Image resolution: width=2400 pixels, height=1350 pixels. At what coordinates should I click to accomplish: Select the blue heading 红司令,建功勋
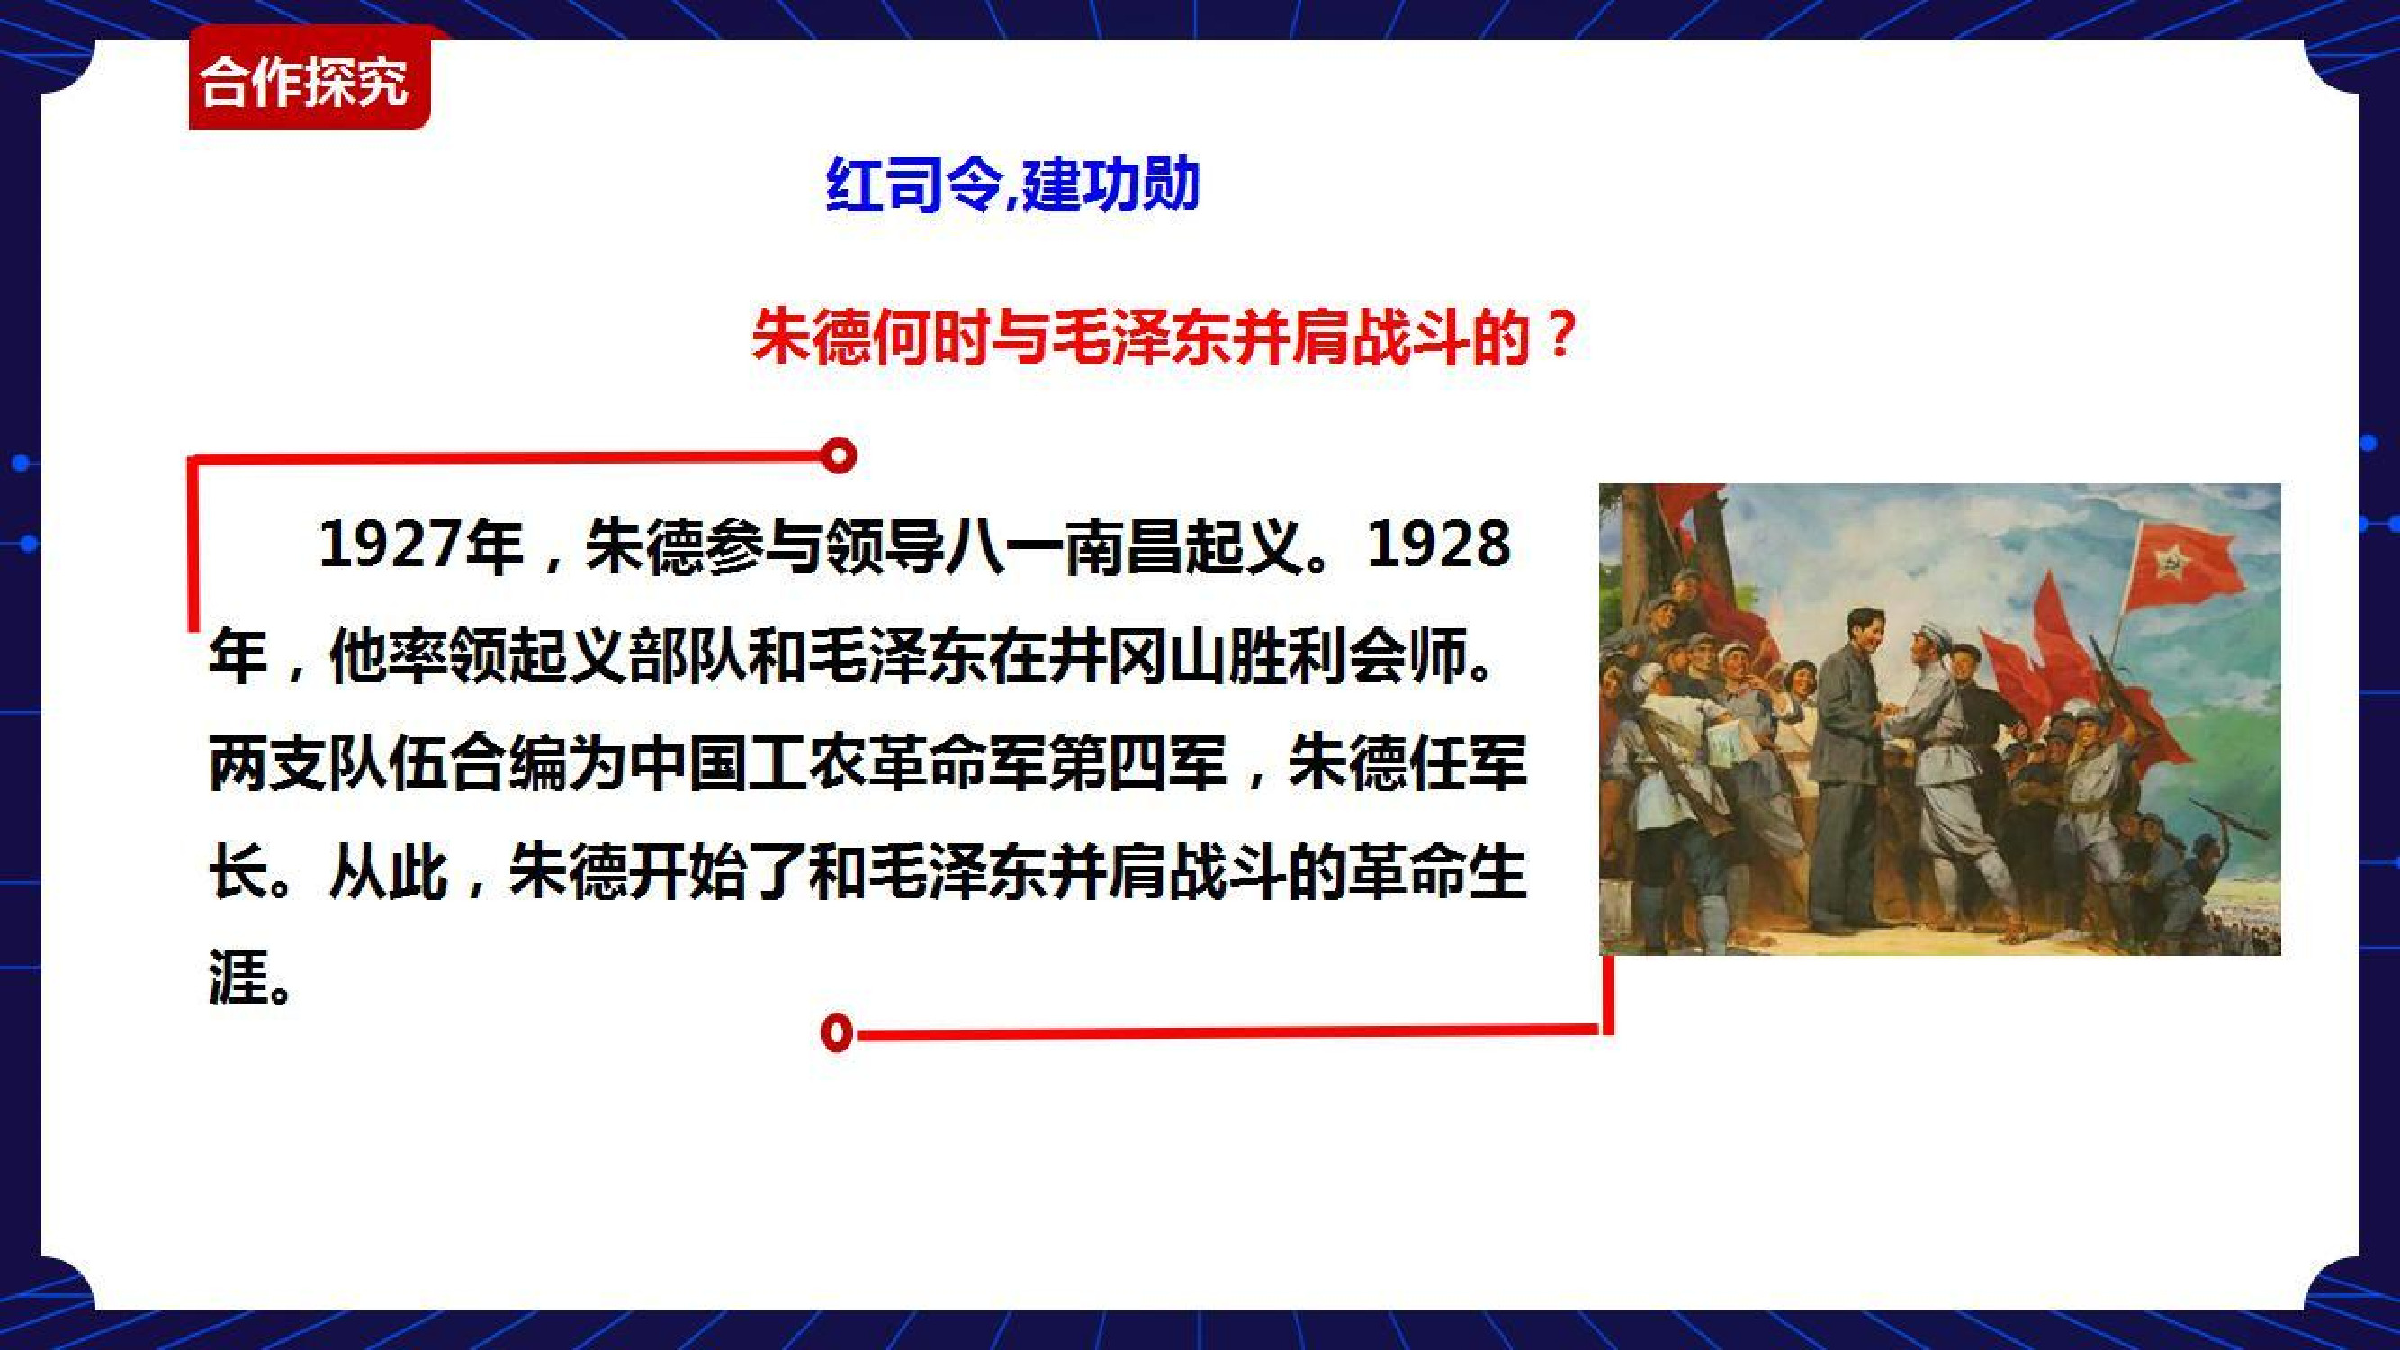coord(1012,185)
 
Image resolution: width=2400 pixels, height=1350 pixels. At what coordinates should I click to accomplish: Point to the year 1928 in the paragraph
coord(1438,545)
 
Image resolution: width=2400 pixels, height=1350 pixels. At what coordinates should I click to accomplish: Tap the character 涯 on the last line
coord(238,977)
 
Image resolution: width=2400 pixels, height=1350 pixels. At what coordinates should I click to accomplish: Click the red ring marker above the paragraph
coord(840,455)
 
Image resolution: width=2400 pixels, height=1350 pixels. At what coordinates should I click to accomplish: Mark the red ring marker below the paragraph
coord(838,1032)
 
